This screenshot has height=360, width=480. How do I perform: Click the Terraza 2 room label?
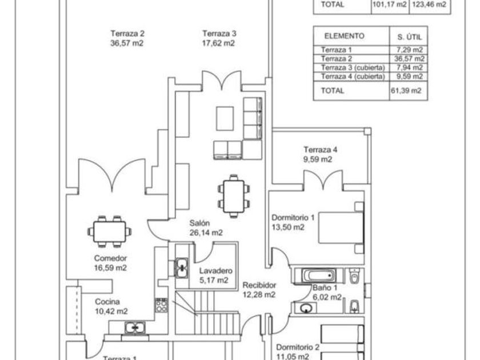(126, 38)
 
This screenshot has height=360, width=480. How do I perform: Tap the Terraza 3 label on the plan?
(219, 38)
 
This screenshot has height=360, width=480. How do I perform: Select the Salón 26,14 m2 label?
(206, 228)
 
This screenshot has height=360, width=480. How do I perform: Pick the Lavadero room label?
(215, 275)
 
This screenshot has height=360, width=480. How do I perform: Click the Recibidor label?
(259, 290)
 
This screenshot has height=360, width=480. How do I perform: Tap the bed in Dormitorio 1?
(341, 227)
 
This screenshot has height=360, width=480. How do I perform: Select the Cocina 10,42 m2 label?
(111, 307)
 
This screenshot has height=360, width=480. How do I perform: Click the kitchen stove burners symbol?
(161, 305)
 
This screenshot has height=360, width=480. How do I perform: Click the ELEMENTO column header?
(344, 36)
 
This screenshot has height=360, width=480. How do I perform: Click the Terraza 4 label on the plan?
(317, 155)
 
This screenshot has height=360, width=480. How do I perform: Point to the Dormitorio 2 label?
(298, 351)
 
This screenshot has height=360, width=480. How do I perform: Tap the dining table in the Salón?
(234, 196)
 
